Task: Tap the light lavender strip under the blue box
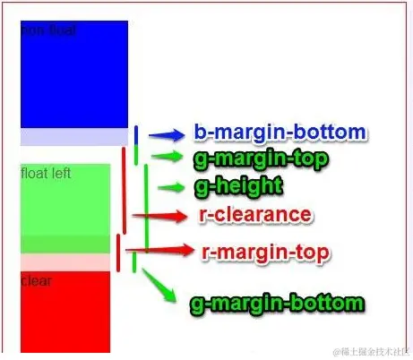click(73, 137)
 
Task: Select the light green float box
click(65, 201)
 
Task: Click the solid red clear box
click(65, 313)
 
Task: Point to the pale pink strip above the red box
click(65, 262)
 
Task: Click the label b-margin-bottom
click(279, 133)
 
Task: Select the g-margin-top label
click(259, 159)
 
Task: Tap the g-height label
click(237, 186)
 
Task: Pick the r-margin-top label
click(264, 253)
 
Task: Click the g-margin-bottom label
click(277, 303)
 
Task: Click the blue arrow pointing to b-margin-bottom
click(166, 136)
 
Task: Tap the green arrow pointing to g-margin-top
click(168, 157)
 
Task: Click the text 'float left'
click(46, 173)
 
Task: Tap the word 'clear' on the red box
click(36, 281)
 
